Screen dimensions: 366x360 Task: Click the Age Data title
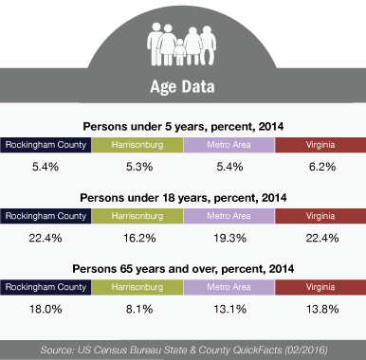tap(182, 87)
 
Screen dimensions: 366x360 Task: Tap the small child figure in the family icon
tap(180, 52)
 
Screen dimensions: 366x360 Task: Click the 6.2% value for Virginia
tap(322, 167)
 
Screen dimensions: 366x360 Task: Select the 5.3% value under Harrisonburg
tap(139, 167)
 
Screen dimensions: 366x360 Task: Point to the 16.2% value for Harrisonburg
tap(139, 238)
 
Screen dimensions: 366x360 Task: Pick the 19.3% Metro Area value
tap(229, 238)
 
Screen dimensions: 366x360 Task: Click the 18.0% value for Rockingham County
tap(46, 309)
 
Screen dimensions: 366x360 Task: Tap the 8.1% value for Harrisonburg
tap(139, 309)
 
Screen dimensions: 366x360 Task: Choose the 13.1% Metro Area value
tap(229, 309)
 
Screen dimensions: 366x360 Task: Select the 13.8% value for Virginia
tap(322, 309)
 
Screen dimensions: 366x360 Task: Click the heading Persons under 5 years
tap(183, 127)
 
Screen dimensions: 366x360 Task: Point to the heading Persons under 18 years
tap(183, 198)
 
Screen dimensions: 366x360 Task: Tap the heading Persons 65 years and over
tap(183, 269)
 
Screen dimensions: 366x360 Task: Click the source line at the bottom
tap(184, 350)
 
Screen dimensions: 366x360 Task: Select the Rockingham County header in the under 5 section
tap(46, 145)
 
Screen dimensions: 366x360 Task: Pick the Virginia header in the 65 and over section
tap(320, 287)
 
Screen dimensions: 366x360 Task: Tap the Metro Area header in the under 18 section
tap(229, 216)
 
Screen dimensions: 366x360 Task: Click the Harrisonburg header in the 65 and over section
tap(137, 287)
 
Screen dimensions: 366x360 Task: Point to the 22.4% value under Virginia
tap(322, 238)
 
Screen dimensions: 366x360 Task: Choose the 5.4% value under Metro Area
tap(229, 167)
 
